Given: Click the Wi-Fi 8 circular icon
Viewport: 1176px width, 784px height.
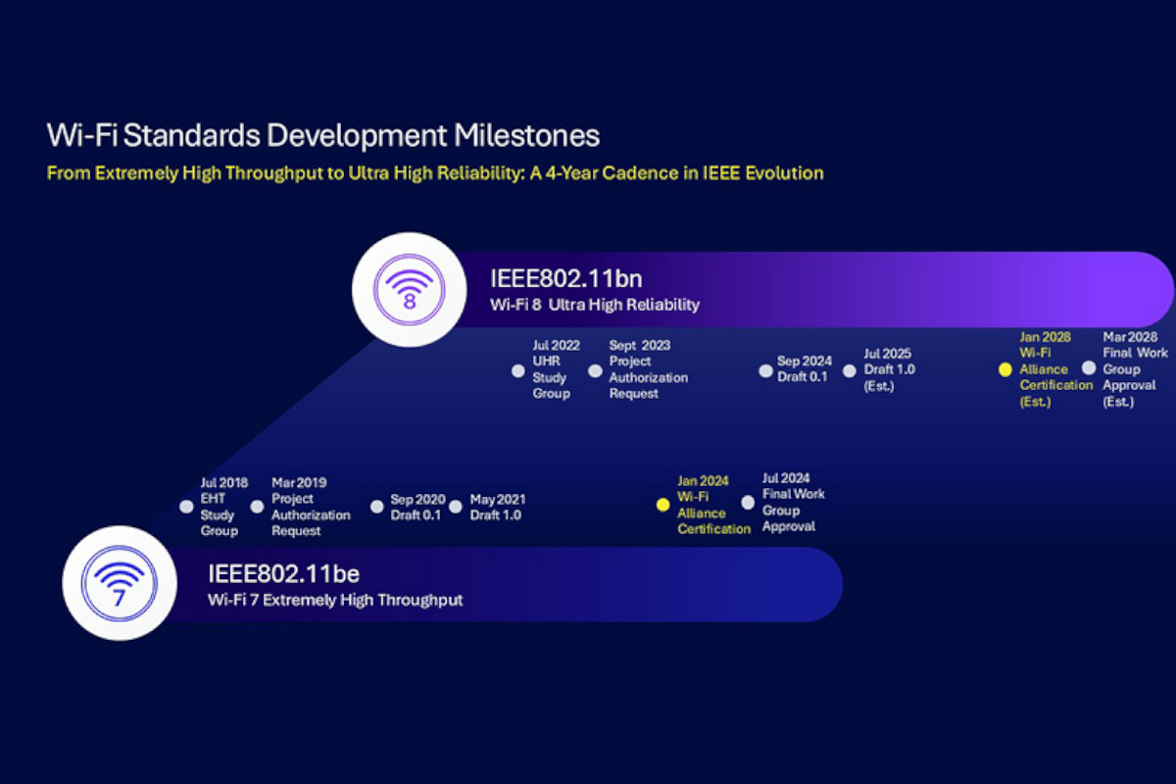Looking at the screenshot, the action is [x=409, y=290].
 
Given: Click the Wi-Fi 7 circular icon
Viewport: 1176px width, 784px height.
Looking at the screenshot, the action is [x=120, y=583].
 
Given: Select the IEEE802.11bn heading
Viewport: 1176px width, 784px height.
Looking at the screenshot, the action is [x=566, y=278].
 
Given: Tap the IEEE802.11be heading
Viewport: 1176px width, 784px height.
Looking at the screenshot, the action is [x=283, y=573].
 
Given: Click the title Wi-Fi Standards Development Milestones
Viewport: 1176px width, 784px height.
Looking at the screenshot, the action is [x=323, y=135].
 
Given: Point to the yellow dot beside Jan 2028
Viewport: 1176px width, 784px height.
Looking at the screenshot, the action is [x=1004, y=369].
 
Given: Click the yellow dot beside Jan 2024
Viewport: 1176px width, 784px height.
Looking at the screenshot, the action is [x=663, y=505].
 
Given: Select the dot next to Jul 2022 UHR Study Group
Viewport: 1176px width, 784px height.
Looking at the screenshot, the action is [x=518, y=371].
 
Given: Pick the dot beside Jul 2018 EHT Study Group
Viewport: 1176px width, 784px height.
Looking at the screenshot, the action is [x=186, y=507].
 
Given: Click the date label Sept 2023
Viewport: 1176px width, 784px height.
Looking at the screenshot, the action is [x=639, y=346].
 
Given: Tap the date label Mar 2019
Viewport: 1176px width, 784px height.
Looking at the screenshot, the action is [x=299, y=482].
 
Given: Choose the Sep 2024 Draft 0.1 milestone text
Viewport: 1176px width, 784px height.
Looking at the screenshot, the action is [x=805, y=368].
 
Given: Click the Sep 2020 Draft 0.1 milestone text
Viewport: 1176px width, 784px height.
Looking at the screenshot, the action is [x=417, y=508].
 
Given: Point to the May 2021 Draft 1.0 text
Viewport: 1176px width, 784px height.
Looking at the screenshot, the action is [x=498, y=508].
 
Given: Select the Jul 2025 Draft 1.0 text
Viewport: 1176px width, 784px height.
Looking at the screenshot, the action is [x=890, y=369].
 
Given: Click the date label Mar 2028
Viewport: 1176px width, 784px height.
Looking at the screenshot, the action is [x=1130, y=337].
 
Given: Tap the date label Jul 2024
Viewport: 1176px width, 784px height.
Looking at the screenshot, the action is [x=786, y=478].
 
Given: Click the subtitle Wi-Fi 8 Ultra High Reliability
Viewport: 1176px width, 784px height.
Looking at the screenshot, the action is [x=595, y=305].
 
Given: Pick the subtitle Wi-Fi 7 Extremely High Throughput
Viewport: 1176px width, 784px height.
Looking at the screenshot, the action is [x=335, y=600].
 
